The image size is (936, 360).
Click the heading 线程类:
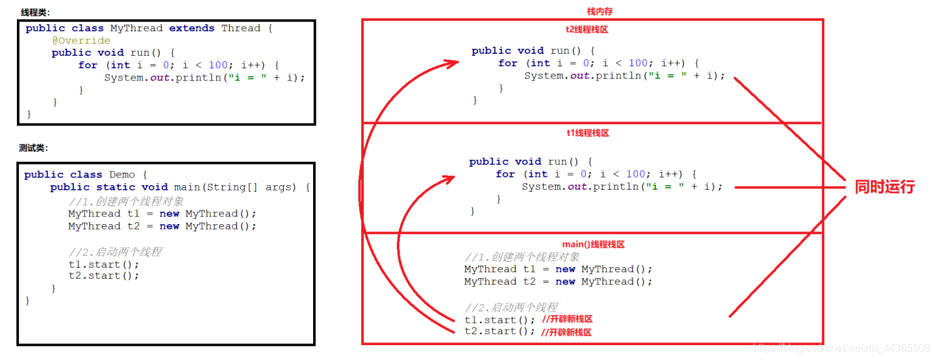[35, 12]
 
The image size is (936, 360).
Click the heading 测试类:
[33, 148]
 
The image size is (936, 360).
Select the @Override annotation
[81, 40]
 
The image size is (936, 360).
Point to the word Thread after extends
[240, 28]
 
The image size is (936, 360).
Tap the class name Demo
[122, 175]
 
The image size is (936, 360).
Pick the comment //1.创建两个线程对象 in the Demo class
[126, 201]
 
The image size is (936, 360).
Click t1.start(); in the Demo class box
[104, 264]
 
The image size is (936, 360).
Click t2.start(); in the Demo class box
[104, 276]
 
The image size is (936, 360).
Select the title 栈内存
[600, 12]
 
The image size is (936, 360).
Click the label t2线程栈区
[587, 29]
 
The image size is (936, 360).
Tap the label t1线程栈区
[587, 133]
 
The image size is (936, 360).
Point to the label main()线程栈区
[593, 244]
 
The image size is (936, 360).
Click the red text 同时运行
[884, 187]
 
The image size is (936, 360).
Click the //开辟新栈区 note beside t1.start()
[566, 319]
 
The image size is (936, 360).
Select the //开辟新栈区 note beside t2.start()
[566, 331]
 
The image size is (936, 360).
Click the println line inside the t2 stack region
[624, 76]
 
